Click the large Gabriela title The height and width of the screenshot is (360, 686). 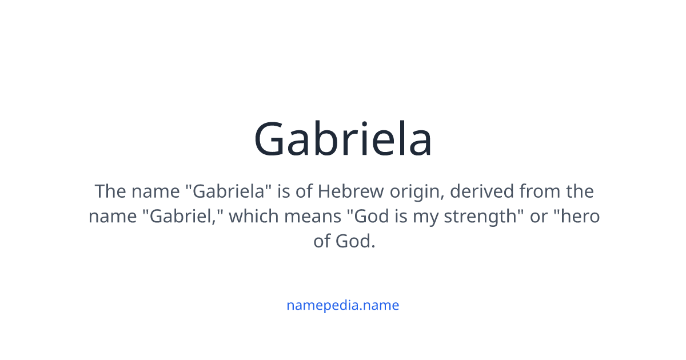click(343, 139)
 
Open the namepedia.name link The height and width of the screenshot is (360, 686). click(343, 305)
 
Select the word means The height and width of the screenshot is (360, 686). click(312, 217)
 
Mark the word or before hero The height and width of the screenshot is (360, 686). click(539, 217)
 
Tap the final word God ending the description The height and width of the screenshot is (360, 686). click(355, 241)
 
